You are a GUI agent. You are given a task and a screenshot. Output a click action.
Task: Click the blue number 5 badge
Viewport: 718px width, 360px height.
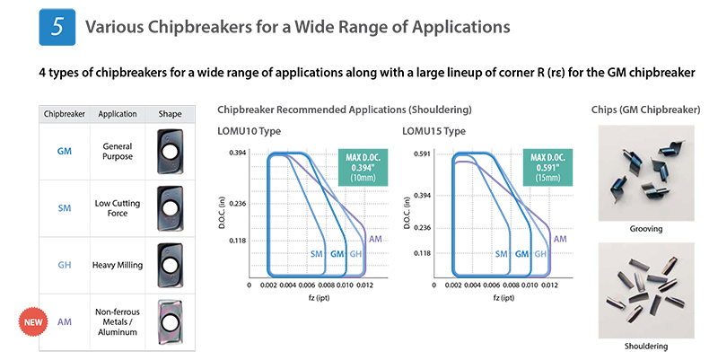point(57,27)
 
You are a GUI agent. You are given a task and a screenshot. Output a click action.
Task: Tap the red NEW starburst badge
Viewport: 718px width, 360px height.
point(33,322)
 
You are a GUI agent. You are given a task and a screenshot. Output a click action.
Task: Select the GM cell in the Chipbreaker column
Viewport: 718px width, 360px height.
point(64,151)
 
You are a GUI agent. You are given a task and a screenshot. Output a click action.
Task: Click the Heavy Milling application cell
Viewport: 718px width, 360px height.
point(118,265)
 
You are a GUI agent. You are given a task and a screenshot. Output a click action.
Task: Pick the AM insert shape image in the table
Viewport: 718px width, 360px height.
point(170,322)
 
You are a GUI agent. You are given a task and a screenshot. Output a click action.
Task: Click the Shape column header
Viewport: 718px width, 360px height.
point(170,114)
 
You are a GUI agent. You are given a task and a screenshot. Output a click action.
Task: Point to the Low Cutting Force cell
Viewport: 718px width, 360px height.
point(118,208)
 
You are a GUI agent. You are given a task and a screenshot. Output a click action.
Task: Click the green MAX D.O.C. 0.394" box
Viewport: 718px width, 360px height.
point(363,167)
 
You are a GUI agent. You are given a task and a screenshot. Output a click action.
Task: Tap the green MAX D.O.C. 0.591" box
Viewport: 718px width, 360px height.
point(547,167)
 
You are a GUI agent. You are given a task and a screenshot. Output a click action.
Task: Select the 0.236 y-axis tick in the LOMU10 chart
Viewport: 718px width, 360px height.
point(237,204)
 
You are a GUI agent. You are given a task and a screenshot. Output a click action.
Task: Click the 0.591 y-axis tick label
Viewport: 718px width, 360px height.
point(422,154)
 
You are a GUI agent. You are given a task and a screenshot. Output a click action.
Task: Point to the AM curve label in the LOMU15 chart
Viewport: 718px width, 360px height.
point(560,239)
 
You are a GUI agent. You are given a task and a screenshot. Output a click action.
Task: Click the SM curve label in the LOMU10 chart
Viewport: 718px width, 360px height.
point(317,254)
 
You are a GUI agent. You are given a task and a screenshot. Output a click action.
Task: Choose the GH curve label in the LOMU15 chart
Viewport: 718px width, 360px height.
point(540,254)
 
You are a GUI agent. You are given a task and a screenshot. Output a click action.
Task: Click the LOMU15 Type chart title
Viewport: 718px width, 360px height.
point(433,131)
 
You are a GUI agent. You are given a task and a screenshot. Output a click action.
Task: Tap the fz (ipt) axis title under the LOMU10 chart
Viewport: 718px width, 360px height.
point(319,298)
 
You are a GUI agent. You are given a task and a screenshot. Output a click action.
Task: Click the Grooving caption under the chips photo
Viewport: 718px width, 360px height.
point(645,229)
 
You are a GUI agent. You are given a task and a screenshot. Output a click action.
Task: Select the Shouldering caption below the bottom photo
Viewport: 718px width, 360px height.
point(645,346)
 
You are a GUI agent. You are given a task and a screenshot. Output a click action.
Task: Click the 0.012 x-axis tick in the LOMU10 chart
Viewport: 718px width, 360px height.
point(364,285)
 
